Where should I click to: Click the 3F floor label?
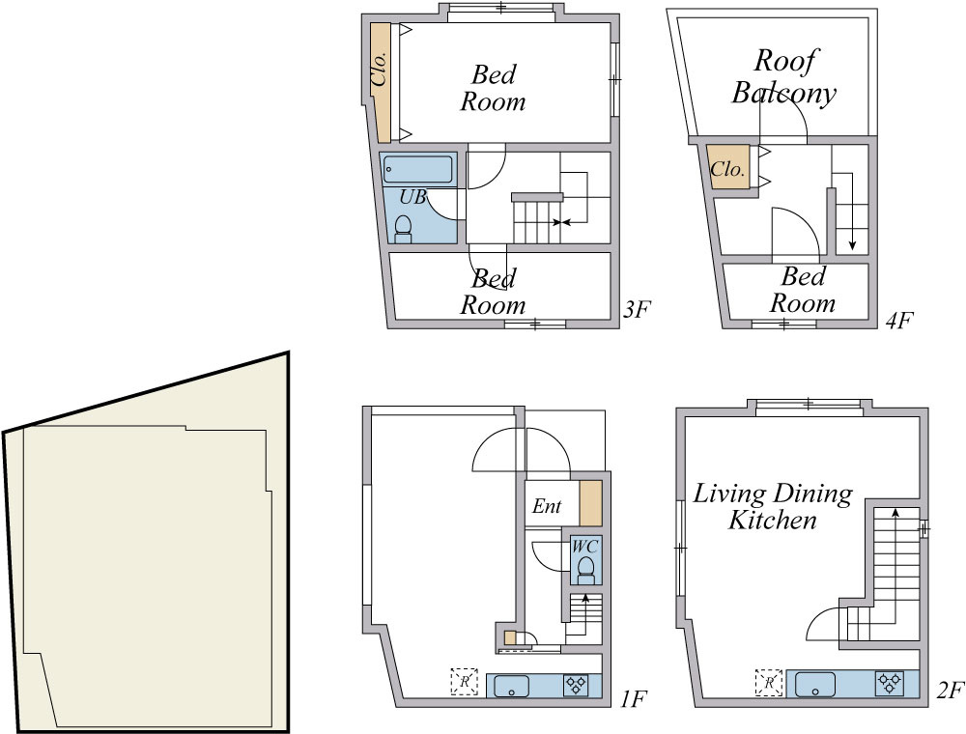click(637, 309)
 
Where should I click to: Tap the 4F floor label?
click(898, 321)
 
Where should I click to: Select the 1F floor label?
click(633, 699)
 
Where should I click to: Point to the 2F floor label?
click(950, 690)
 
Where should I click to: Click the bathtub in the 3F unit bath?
click(417, 169)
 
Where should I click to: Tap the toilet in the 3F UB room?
click(403, 229)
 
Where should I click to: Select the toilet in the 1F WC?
click(586, 570)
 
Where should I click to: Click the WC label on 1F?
click(584, 547)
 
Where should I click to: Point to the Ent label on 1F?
click(547, 506)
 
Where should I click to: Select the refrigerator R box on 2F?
click(769, 682)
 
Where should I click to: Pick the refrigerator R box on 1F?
click(464, 682)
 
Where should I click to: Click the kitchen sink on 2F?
click(815, 685)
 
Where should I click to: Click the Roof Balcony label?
click(783, 77)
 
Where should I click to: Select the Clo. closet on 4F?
click(727, 168)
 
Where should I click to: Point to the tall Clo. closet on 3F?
click(380, 83)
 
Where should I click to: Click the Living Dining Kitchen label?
click(773, 506)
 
